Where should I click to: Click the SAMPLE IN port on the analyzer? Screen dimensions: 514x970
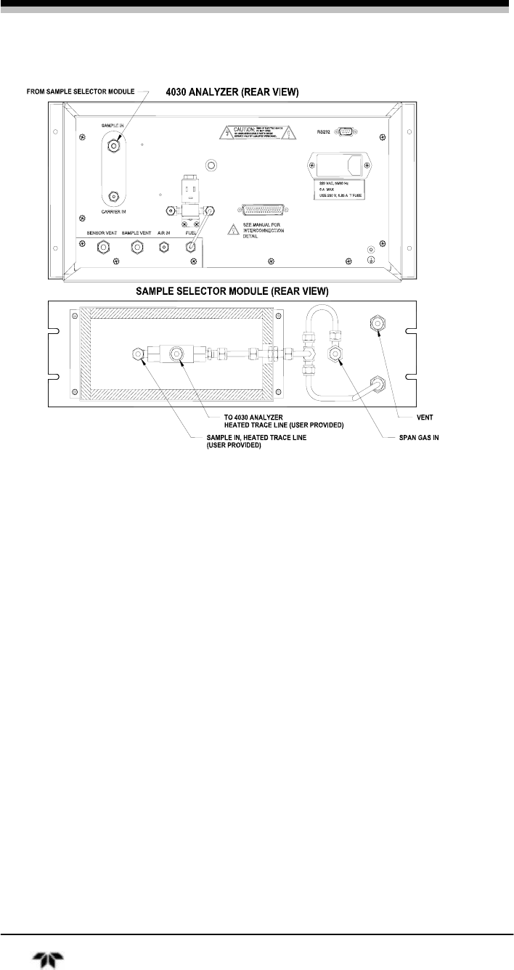[113, 144]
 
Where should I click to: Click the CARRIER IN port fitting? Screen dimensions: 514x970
[113, 196]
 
